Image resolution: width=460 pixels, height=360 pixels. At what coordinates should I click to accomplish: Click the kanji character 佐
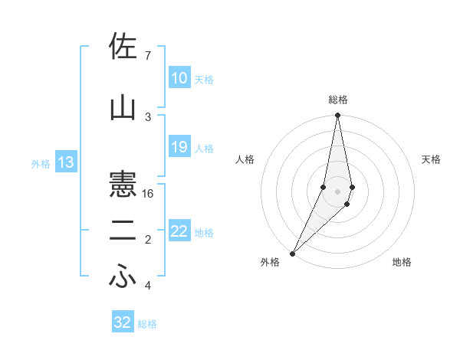tap(123, 48)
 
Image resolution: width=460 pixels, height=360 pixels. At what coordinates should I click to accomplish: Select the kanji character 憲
tap(123, 185)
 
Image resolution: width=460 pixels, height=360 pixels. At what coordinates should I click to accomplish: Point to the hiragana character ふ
tap(123, 277)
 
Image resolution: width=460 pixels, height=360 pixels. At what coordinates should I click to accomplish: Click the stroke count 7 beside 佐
tap(148, 56)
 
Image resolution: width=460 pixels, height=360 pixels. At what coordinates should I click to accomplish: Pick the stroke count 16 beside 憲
tap(149, 194)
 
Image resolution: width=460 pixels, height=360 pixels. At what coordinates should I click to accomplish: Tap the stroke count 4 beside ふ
tap(148, 286)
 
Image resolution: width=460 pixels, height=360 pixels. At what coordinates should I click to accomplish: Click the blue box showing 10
tap(179, 78)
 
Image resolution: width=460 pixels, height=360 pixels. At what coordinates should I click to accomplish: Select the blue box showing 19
tap(179, 147)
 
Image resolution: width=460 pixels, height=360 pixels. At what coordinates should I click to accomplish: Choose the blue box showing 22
tap(179, 231)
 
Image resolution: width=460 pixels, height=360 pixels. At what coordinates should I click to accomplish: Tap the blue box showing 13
tap(65, 162)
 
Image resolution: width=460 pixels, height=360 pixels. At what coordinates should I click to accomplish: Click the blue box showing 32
tap(123, 322)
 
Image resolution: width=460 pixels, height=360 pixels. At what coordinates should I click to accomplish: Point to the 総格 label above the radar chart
tap(338, 100)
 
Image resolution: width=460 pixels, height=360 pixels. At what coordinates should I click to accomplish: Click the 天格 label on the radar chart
tap(432, 159)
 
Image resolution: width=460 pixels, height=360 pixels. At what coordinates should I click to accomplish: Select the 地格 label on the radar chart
tap(402, 262)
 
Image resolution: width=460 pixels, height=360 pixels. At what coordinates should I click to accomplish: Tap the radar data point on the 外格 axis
tap(292, 253)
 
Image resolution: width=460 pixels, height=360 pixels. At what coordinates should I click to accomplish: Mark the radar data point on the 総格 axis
tap(338, 116)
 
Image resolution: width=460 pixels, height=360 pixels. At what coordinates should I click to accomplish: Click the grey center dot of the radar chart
tap(338, 191)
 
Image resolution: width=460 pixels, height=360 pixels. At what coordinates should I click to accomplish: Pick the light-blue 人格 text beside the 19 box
tap(204, 148)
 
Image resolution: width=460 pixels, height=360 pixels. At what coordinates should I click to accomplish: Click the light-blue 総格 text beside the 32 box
tap(147, 324)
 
